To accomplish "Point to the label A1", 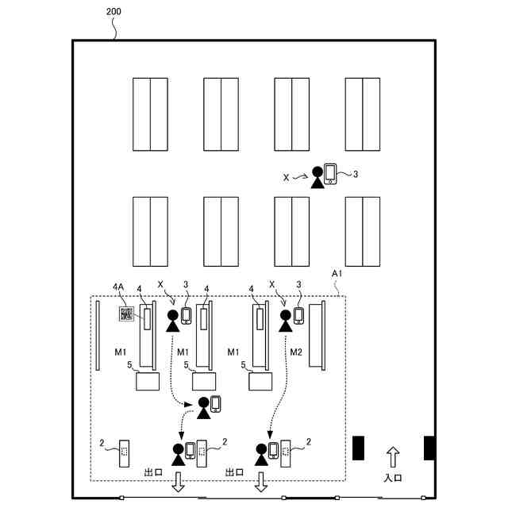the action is pos(337,273).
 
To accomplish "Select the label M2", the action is pos(295,352).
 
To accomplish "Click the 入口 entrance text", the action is pos(393,478).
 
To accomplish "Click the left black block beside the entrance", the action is pos(358,448).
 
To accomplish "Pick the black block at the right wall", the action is pos(429,448).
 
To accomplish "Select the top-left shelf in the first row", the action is pos(150,114).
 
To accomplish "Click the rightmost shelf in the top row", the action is pos(362,114).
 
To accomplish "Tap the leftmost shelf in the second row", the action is pos(150,231).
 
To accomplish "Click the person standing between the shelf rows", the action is pos(317,176).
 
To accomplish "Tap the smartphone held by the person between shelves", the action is pos(330,174).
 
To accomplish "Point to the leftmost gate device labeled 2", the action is pos(125,453).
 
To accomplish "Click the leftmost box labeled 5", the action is pos(148,381).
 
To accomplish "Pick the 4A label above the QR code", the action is pos(118,287).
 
